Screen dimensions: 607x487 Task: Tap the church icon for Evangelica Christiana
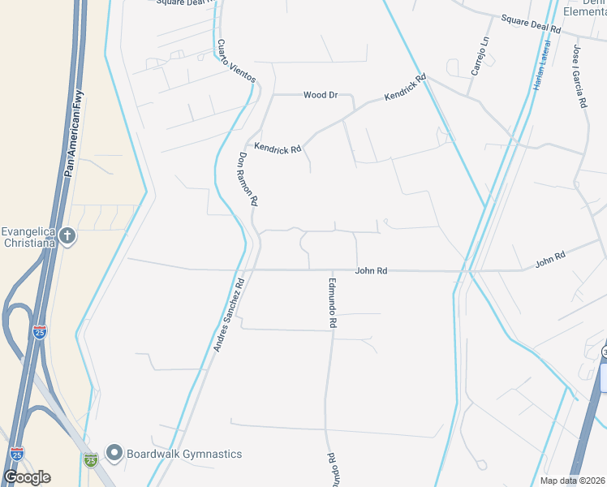tap(67, 236)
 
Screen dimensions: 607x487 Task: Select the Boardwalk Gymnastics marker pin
tap(114, 453)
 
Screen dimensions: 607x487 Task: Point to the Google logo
tap(27, 476)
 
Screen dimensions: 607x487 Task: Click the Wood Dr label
tap(321, 95)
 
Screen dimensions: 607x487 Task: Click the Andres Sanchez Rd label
tap(229, 316)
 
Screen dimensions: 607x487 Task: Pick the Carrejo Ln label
tap(480, 56)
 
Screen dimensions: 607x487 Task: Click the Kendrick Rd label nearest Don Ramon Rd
tap(278, 148)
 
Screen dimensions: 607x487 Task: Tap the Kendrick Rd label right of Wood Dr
tap(405, 88)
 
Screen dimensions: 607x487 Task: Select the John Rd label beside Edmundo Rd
tap(371, 271)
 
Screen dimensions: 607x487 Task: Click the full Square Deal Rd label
tap(531, 24)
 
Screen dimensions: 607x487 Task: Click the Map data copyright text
tap(573, 481)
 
